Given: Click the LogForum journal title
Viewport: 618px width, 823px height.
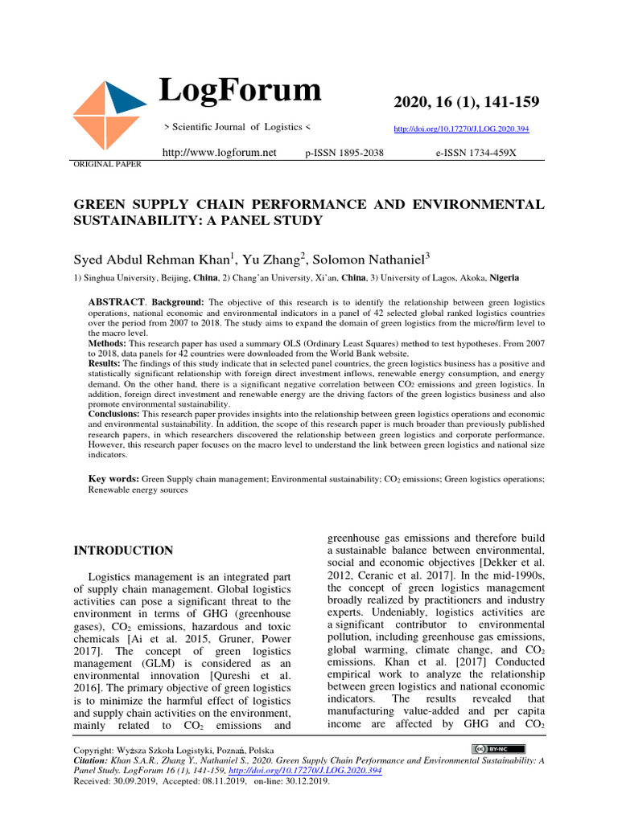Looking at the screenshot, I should click(240, 90).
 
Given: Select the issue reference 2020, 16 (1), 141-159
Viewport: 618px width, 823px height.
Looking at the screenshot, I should click(467, 102).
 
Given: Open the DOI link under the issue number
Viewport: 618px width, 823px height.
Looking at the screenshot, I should click(461, 129).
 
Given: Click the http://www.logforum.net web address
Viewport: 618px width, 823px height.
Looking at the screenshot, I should click(219, 152).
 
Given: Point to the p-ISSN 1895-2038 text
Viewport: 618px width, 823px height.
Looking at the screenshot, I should click(344, 153).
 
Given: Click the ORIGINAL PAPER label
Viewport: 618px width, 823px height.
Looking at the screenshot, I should click(108, 164).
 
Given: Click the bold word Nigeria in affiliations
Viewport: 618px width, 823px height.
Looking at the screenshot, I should click(505, 277).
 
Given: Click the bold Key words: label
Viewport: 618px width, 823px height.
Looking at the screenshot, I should click(113, 479).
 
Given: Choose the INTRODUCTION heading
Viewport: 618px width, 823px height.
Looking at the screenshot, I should click(123, 551).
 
